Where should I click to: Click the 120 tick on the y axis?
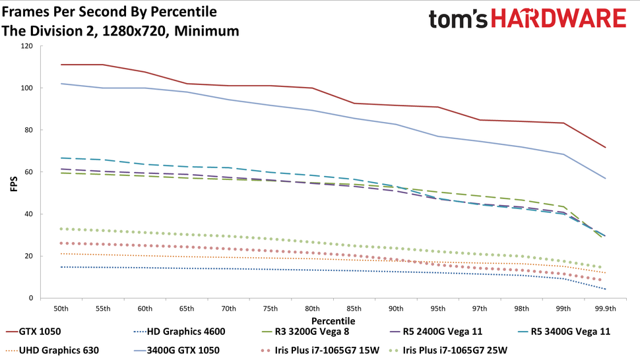(26, 46)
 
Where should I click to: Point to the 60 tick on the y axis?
(28, 172)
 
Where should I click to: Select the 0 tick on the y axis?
(30, 298)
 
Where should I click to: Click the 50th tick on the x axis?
(61, 308)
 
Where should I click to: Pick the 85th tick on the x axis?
(354, 308)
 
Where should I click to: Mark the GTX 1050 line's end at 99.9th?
(605, 147)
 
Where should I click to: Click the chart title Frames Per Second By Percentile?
(110, 12)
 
